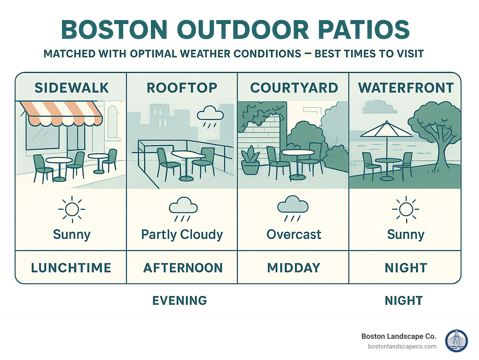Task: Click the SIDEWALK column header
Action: tap(71, 88)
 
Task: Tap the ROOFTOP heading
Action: tap(182, 88)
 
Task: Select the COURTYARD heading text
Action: tap(294, 88)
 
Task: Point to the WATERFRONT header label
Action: tap(405, 88)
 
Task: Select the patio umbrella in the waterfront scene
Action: tap(386, 130)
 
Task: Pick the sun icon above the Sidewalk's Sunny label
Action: tap(72, 209)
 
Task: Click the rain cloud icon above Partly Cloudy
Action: tap(183, 208)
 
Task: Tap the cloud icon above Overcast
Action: tap(293, 208)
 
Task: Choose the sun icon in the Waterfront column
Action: tap(406, 209)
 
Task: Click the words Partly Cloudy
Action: tap(182, 235)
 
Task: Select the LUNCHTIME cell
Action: tap(71, 268)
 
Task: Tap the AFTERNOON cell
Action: tap(183, 268)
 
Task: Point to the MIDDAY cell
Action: tap(293, 268)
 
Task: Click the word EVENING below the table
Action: tap(180, 300)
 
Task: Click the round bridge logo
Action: tap(457, 341)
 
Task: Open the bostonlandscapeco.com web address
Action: tap(402, 346)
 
